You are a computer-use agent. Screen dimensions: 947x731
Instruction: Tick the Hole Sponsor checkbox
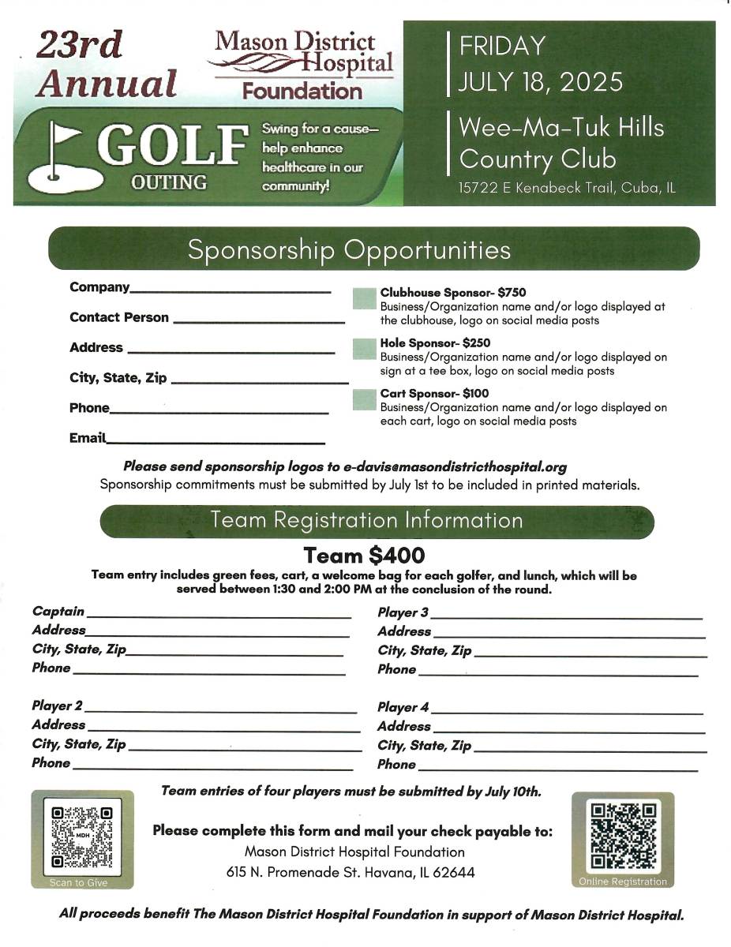(364, 349)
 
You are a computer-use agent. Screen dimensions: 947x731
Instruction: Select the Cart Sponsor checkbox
(364, 399)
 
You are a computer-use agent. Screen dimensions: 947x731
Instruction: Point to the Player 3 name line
(566, 616)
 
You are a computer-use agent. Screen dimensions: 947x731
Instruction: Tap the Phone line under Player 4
(557, 767)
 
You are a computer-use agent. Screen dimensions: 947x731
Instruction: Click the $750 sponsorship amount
(512, 293)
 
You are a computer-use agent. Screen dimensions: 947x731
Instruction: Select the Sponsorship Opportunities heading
(349, 250)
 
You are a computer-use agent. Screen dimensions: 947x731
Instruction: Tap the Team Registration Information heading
(366, 521)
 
